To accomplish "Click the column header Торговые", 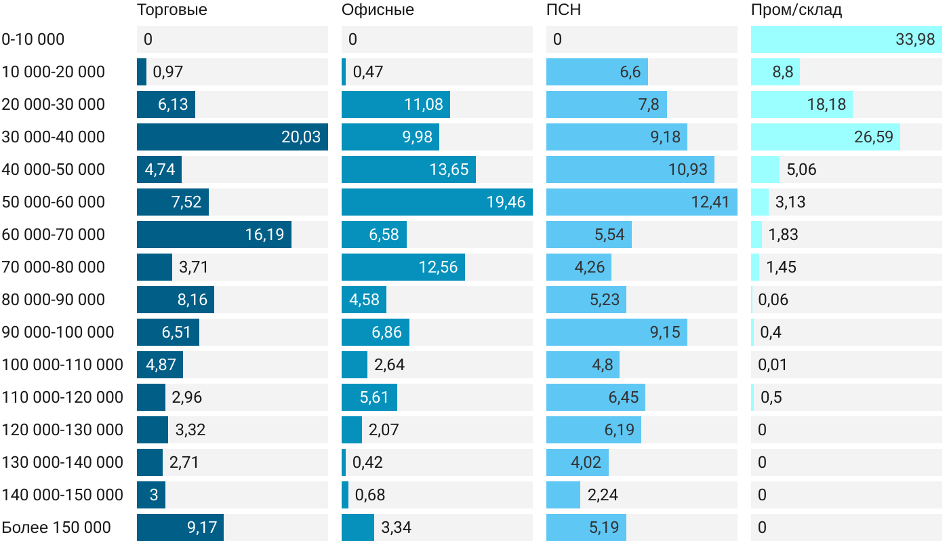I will (x=171, y=10).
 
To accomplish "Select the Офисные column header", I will (x=378, y=10).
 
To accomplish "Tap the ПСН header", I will (x=563, y=10).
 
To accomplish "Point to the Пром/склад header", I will (x=796, y=10).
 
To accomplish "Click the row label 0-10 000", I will (x=33, y=39).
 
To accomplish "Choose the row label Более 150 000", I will (x=56, y=527).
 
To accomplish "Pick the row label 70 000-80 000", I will (x=54, y=267).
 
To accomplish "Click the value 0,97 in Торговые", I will (x=168, y=72).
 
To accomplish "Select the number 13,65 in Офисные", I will (x=449, y=169).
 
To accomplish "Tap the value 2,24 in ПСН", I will (x=603, y=495).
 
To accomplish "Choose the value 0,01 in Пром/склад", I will (x=773, y=365).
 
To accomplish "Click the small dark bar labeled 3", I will (x=151, y=495).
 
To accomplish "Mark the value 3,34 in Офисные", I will (x=397, y=527).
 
